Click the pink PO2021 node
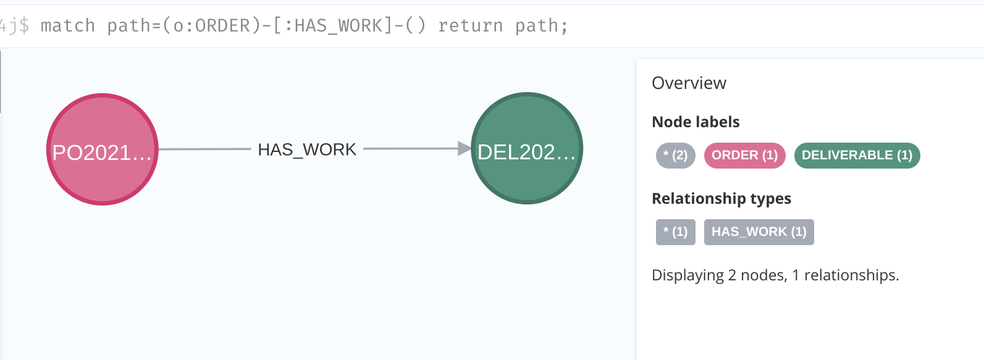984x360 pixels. pos(103,149)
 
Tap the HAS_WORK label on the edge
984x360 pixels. pos(307,149)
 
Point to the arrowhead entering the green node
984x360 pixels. pos(464,148)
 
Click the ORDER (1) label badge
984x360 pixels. pos(744,155)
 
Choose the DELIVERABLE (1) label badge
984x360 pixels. pos(857,155)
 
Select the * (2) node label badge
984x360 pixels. pos(675,155)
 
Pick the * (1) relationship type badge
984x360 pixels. pos(675,232)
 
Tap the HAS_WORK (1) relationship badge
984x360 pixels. pos(759,232)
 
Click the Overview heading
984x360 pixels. pos(689,83)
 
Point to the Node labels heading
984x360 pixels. pos(696,122)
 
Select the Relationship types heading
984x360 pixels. pos(721,198)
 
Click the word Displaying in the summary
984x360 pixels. pos(688,275)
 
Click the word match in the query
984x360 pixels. pos(68,25)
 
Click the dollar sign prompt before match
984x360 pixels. pos(23,25)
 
